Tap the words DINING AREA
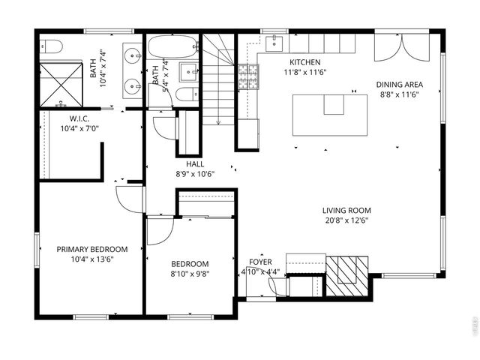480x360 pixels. [x=397, y=85]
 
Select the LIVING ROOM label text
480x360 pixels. [x=346, y=211]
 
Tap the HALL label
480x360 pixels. [x=195, y=163]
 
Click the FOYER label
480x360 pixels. [x=261, y=262]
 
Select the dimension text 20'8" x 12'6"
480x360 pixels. [x=346, y=220]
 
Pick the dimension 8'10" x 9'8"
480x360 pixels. [x=190, y=274]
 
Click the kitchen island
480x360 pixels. [x=330, y=114]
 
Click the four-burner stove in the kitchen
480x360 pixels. [x=247, y=77]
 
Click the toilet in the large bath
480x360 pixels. [x=51, y=46]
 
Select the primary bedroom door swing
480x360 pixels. [x=130, y=199]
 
